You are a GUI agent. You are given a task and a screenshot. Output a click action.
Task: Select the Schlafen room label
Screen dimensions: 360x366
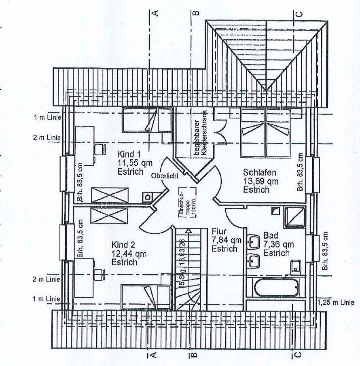click(x=257, y=172)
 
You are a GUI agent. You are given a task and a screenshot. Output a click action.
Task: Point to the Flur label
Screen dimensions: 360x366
click(x=218, y=231)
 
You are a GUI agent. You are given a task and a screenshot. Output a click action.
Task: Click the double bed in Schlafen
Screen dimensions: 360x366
click(x=266, y=132)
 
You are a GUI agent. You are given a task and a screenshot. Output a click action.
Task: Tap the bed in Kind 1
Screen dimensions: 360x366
click(x=146, y=120)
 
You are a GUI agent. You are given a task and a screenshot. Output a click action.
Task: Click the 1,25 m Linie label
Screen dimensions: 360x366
click(x=336, y=302)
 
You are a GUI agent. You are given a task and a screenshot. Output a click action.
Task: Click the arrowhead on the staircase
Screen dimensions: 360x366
click(x=188, y=231)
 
